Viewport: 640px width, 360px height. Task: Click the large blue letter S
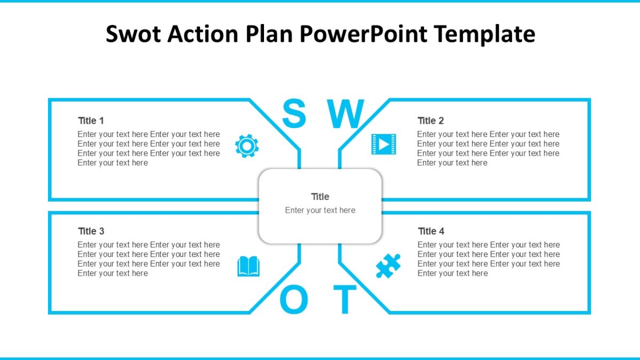[294, 114]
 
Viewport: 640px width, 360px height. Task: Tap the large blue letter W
[345, 114]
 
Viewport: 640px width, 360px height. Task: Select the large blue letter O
[294, 300]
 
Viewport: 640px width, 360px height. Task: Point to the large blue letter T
[345, 300]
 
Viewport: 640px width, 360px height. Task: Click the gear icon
[246, 146]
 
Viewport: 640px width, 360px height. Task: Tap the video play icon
[383, 144]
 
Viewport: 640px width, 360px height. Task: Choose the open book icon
[249, 266]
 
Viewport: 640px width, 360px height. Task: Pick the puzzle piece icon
[388, 266]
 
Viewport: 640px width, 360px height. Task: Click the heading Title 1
[91, 121]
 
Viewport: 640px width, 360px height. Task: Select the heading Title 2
[430, 121]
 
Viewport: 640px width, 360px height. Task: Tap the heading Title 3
[91, 231]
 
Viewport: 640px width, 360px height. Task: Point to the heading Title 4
[431, 231]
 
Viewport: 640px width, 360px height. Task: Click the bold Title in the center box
[320, 197]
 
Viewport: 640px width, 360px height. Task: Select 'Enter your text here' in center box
[320, 210]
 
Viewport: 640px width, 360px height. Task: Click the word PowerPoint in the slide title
[363, 34]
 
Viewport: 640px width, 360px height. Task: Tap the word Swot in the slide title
[133, 34]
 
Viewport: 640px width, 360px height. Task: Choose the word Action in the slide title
[203, 34]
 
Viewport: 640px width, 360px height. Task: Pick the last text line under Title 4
[452, 273]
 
